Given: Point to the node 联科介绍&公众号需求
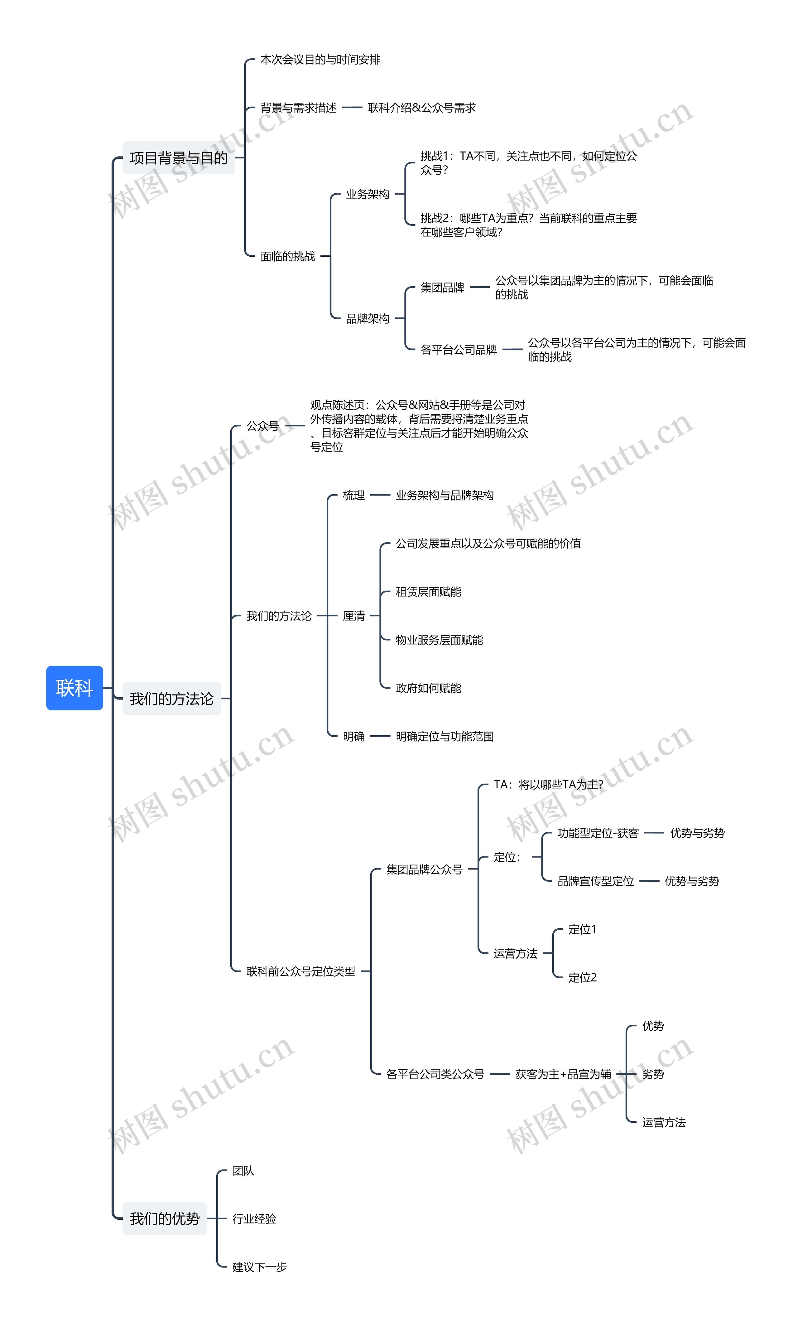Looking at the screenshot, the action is [421, 108].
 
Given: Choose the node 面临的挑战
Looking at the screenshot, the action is [288, 256].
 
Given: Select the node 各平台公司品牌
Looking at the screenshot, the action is [459, 350].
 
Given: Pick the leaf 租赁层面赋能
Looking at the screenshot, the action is [429, 592].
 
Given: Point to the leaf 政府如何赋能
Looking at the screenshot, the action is [429, 688].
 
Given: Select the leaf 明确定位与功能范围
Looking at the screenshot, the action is [445, 736].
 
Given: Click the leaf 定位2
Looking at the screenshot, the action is [582, 977].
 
